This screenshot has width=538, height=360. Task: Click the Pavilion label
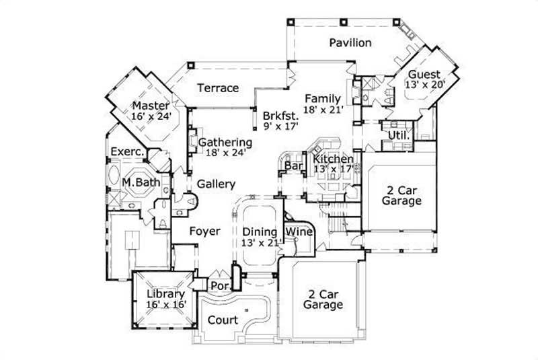350,43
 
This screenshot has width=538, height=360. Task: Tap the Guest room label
424,74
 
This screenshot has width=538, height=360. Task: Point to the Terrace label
218,88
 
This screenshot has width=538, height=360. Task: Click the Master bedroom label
150,106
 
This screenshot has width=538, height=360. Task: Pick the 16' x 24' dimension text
151,116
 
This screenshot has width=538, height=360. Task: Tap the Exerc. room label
127,152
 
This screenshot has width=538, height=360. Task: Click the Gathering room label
225,142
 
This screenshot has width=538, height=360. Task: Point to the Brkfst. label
280,114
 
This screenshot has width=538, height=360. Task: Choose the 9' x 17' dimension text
281,125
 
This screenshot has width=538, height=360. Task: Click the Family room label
322,98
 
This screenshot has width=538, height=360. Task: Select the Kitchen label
333,158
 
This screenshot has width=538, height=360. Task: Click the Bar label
292,166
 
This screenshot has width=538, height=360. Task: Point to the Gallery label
216,184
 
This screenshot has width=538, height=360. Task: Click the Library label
165,293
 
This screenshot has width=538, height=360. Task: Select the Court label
222,320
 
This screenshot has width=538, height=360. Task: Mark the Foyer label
204,231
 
